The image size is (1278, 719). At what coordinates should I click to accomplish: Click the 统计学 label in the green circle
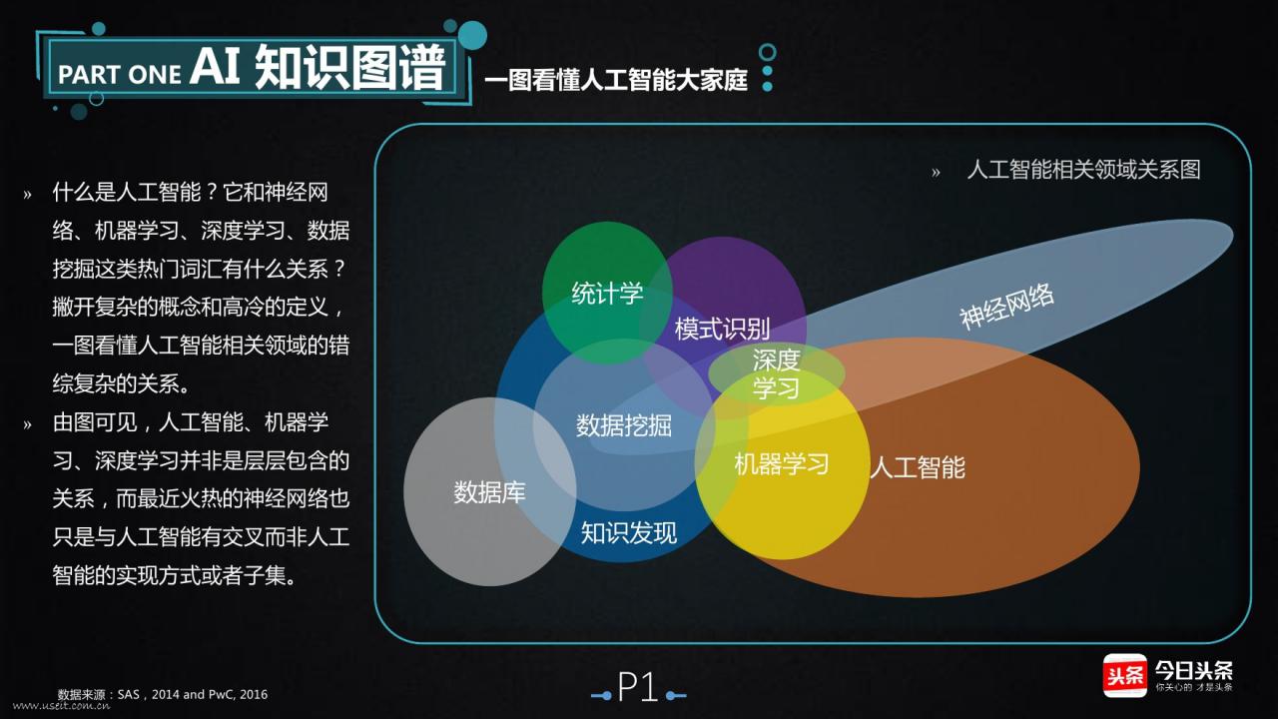tap(607, 294)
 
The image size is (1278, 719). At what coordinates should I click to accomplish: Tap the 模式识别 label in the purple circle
tap(722, 329)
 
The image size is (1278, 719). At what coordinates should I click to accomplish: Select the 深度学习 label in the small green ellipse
tap(776, 373)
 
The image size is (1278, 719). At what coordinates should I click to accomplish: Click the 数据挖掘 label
tap(624, 425)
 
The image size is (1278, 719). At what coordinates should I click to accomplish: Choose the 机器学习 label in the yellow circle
tap(782, 463)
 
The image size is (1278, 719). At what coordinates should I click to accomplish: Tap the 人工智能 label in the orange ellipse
tap(918, 467)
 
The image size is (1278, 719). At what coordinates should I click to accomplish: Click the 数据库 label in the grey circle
tap(489, 492)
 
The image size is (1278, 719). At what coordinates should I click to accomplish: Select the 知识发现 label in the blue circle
tap(629, 532)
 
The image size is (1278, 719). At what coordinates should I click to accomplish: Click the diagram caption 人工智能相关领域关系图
tap(1083, 170)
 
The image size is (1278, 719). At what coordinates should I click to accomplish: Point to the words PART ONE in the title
tap(120, 75)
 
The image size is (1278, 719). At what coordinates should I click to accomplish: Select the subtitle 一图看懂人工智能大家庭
tap(616, 81)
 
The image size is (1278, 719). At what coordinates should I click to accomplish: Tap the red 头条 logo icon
tap(1124, 675)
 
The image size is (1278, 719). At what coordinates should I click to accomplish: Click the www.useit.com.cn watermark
tap(61, 706)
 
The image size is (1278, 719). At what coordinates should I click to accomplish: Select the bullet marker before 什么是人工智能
tap(28, 194)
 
